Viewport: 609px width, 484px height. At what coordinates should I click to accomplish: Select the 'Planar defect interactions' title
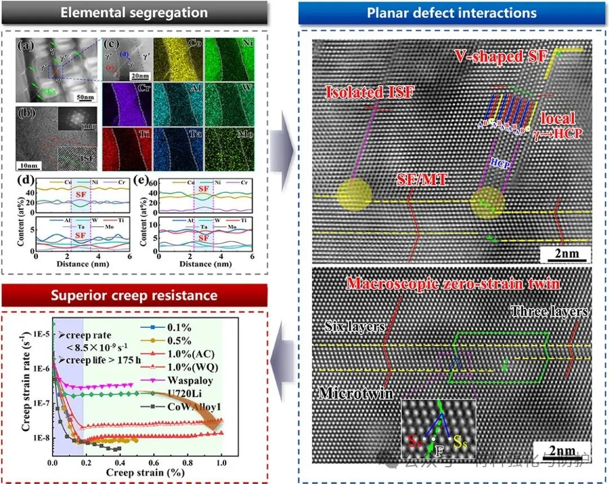click(452, 12)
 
